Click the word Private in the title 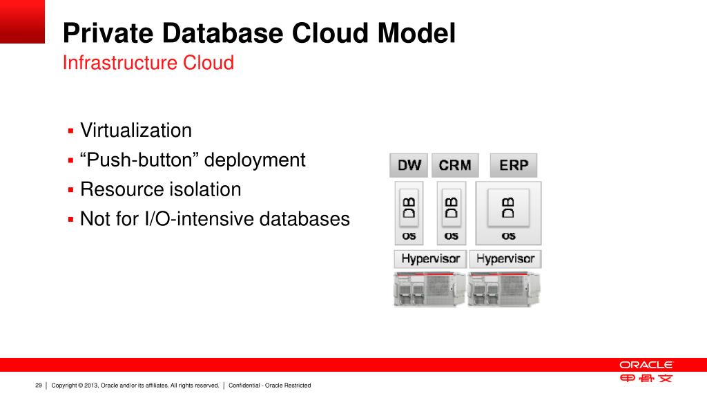click(104, 33)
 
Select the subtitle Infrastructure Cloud click(148, 63)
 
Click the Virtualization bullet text click(136, 130)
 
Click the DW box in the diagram click(409, 166)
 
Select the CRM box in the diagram click(455, 166)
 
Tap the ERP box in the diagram click(513, 166)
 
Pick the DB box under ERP click(508, 206)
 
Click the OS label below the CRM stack click(451, 236)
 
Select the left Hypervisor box click(430, 259)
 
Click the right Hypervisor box click(505, 259)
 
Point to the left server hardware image click(429, 289)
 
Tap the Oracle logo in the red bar click(646, 365)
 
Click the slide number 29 click(39, 386)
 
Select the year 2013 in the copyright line click(90, 386)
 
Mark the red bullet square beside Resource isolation click(70, 190)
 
